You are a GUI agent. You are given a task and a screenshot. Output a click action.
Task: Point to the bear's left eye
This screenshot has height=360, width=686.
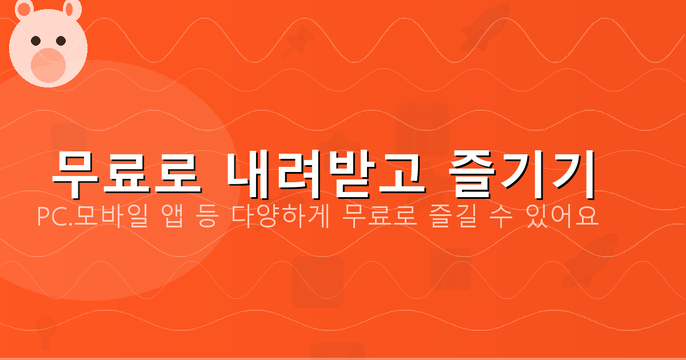[35, 41]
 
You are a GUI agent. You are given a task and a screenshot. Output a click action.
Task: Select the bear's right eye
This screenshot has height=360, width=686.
[61, 41]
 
